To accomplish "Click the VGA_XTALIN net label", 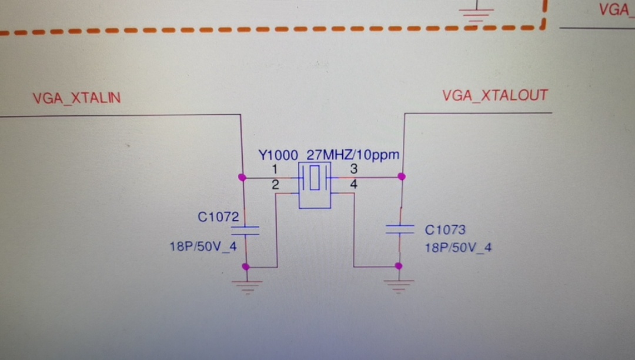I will tap(76, 98).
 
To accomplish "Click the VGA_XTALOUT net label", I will tap(494, 95).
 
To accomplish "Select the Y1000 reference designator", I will tap(278, 156).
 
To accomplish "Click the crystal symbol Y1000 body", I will tap(315, 185).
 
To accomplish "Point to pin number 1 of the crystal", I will tap(275, 169).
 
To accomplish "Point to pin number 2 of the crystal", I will tap(275, 185).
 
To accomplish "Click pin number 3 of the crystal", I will tap(354, 169).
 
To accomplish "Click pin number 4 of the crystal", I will tap(354, 185).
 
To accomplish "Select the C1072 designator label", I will tap(218, 217).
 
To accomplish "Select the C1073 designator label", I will tap(445, 229).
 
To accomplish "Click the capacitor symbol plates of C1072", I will tap(246, 230).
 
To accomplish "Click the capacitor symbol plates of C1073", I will tap(400, 229).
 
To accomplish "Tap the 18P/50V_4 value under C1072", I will tap(203, 246).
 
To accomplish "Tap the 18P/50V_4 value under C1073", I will tap(458, 248).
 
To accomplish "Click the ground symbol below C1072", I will tap(246, 286).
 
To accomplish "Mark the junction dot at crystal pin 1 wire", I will tap(241, 177).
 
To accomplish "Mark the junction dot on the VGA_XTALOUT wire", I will tap(401, 176).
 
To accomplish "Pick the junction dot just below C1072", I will tap(246, 267).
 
